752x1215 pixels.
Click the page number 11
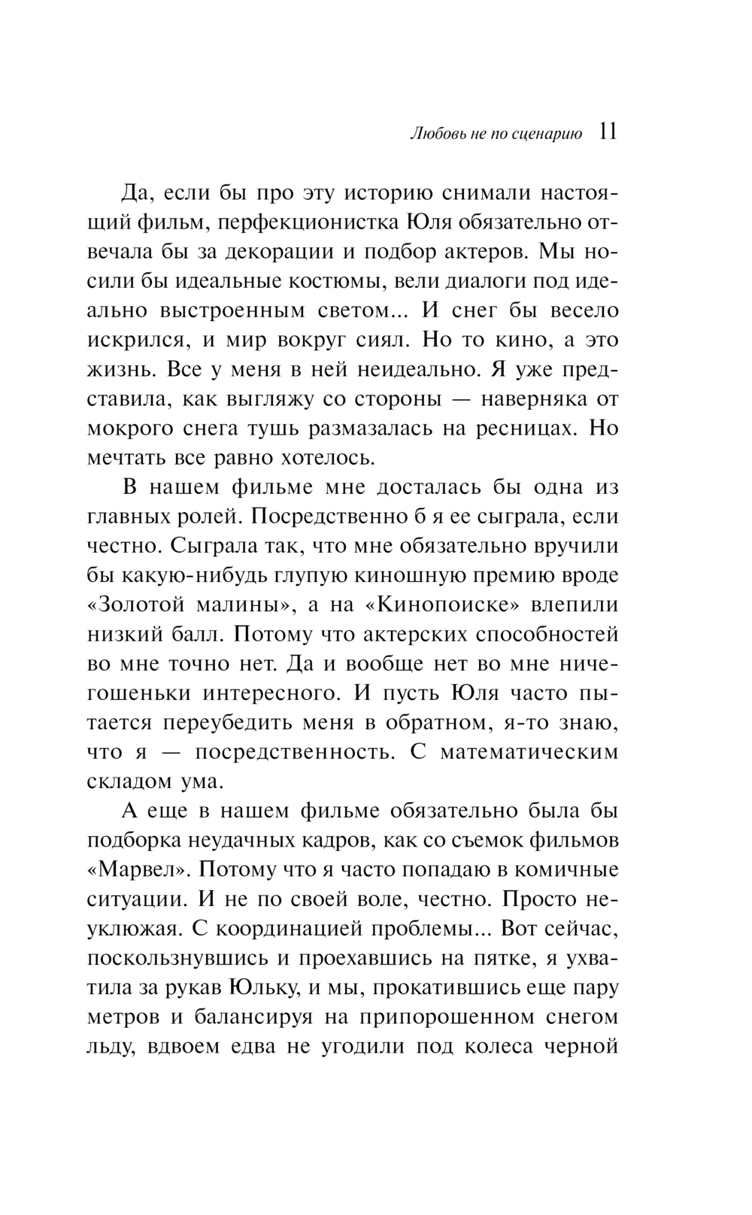click(x=608, y=133)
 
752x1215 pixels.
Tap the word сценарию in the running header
click(x=548, y=136)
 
